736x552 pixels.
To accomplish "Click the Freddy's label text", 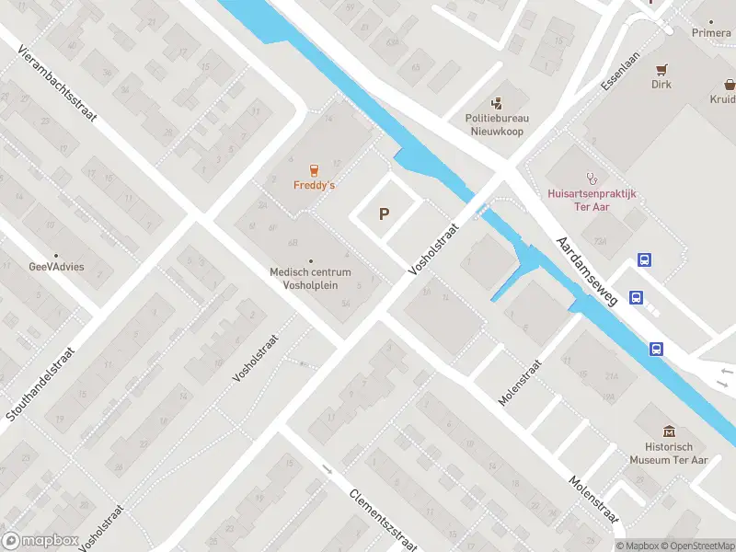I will [314, 185].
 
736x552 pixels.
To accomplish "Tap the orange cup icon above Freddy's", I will [314, 170].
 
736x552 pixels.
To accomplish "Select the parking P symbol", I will [385, 214].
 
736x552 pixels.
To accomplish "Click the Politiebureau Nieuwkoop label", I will [497, 123].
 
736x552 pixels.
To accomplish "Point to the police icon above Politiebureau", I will [497, 103].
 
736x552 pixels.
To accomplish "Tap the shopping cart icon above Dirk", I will [661, 69].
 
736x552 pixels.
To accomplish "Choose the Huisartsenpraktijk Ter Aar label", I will [592, 200].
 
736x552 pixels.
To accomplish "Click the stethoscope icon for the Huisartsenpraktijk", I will [592, 178].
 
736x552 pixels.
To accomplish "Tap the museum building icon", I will [668, 431].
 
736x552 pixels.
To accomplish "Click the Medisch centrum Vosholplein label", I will [310, 278].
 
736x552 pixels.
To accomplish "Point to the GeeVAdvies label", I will [56, 267].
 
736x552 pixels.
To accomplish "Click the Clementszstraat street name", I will [383, 519].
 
